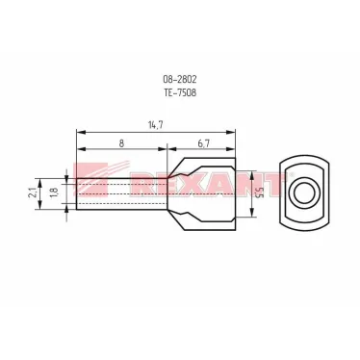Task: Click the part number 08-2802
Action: point(180,79)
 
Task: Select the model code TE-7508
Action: point(180,92)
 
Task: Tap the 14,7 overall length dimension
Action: point(156,125)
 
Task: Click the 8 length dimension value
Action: point(121,143)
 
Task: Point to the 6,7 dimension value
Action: point(203,143)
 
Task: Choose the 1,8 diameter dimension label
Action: point(54,193)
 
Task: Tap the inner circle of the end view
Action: point(303,193)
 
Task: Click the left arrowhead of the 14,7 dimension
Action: point(80,132)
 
